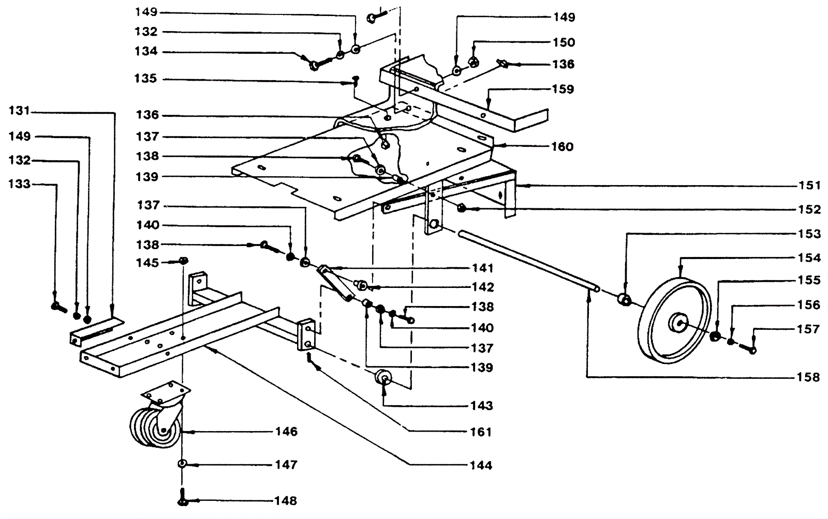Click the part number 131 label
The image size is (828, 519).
19,111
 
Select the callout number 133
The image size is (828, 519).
19,184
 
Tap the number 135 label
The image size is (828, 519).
146,79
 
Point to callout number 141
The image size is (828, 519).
482,268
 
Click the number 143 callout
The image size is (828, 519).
482,406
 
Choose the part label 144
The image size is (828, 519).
481,465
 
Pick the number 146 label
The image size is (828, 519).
287,432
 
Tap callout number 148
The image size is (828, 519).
286,501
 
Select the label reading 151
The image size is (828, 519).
809,185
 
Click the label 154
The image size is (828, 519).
809,257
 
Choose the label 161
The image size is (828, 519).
481,432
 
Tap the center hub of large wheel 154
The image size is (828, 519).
677,322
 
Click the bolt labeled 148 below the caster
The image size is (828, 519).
184,497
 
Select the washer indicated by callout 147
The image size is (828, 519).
182,464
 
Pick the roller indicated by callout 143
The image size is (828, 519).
383,378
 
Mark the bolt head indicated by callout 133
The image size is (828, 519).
58,307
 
